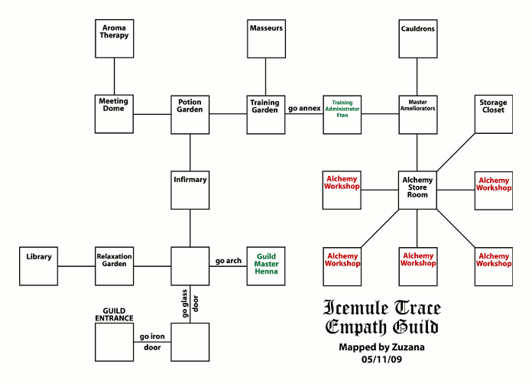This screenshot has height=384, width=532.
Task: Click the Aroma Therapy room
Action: tap(114, 38)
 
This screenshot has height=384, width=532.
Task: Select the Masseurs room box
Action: tap(266, 38)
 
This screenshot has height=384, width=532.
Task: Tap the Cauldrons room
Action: tap(417, 38)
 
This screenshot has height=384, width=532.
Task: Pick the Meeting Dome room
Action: tap(114, 114)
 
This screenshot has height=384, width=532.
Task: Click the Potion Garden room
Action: tap(190, 114)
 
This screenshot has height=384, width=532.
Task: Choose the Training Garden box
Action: tap(266, 114)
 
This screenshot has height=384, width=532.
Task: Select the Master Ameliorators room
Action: tap(417, 114)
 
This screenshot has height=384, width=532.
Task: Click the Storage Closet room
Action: tap(493, 114)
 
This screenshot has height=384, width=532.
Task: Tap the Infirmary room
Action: tap(190, 190)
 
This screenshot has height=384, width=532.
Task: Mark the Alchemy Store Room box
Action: tap(417, 190)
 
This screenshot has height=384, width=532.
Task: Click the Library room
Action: tap(38, 265)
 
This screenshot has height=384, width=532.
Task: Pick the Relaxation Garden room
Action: tap(114, 265)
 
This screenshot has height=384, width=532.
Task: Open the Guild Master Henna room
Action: tap(266, 265)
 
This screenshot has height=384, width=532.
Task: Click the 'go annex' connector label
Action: tap(303, 109)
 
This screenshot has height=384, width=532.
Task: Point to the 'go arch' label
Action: tap(228, 261)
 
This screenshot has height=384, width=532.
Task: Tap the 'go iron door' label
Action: tap(151, 341)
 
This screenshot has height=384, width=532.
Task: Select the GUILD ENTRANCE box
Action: tap(114, 342)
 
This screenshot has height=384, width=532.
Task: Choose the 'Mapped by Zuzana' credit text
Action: tap(381, 347)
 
